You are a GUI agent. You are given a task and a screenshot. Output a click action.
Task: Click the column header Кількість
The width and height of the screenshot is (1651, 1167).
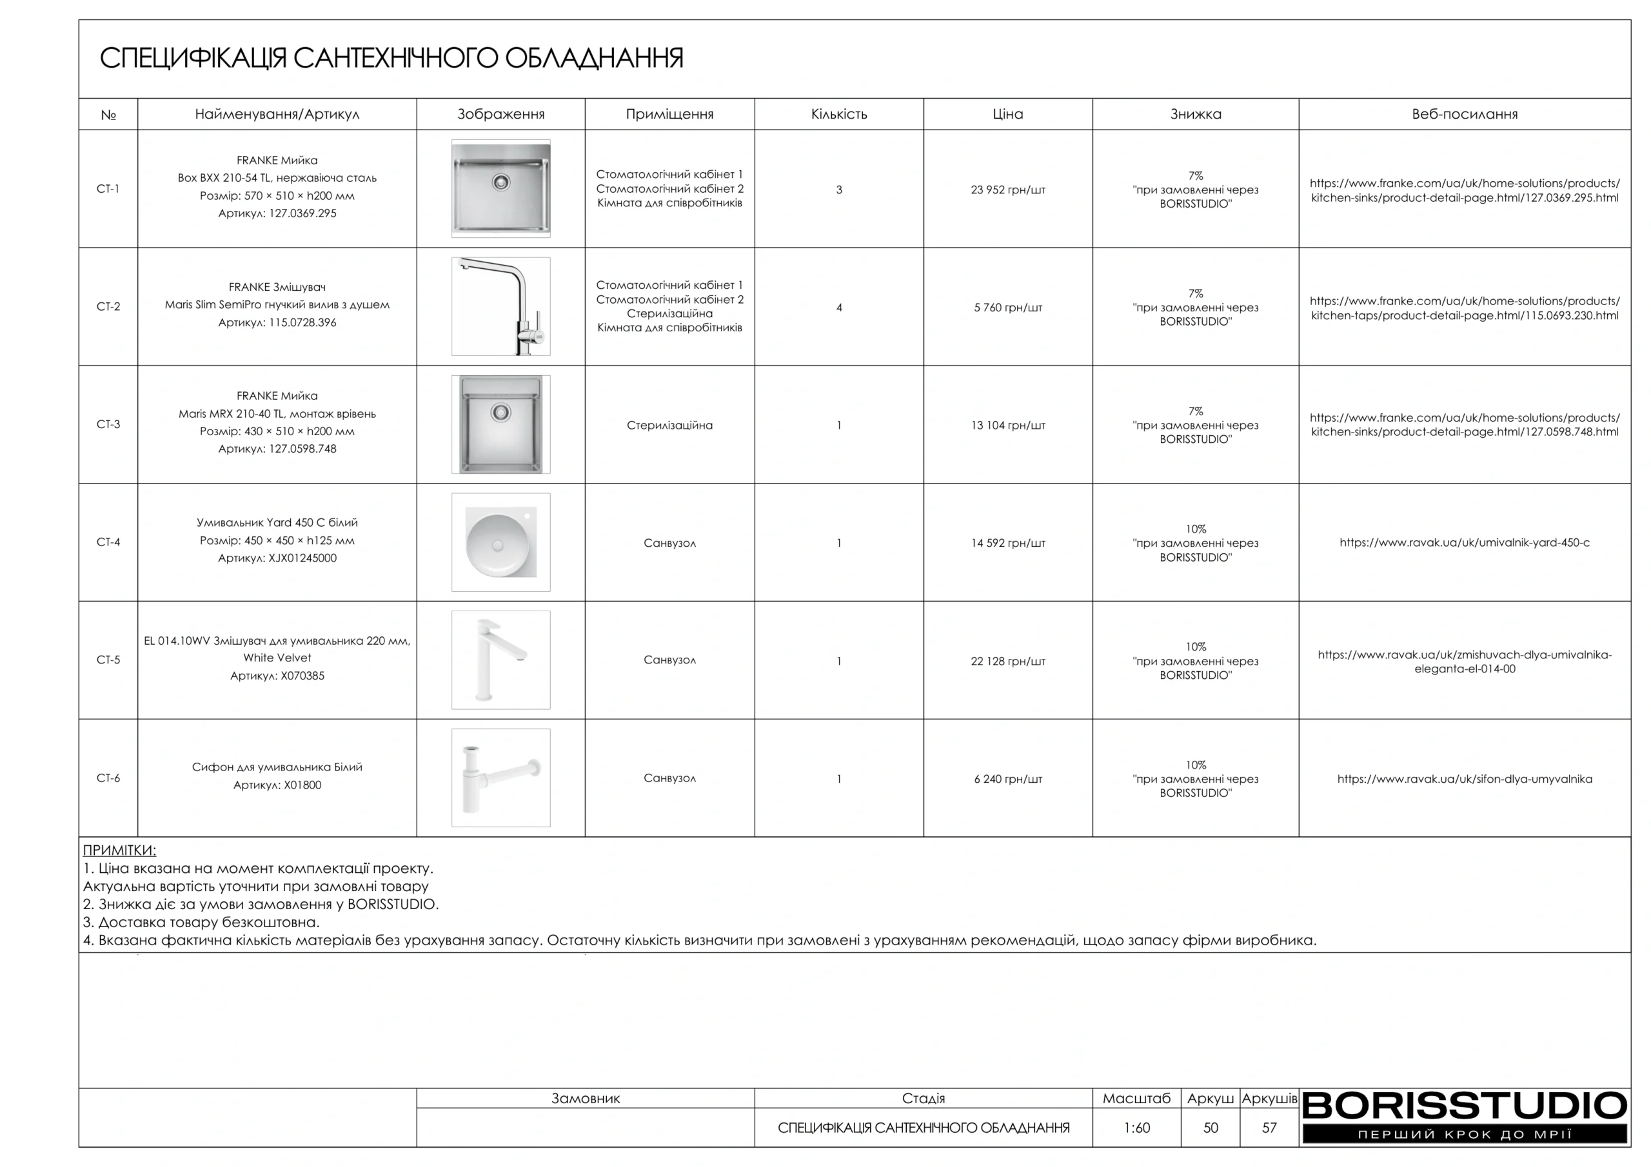[x=838, y=114]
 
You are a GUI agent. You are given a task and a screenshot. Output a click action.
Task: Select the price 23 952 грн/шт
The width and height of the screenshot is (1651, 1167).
[x=1007, y=190]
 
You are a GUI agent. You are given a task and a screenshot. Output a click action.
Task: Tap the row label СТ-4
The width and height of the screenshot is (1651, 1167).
[x=108, y=542]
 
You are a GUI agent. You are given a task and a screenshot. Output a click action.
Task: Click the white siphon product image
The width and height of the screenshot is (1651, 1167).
[x=500, y=778]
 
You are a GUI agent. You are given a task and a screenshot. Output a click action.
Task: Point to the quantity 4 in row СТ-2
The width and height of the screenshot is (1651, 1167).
[x=838, y=308]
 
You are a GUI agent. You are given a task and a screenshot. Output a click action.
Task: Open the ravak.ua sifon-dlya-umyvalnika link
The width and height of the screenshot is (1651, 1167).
[x=1464, y=779]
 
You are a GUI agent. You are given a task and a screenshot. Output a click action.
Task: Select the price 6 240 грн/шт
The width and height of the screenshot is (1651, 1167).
[x=1007, y=779]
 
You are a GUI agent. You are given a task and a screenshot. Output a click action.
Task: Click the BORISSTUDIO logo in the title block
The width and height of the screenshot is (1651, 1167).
[x=1464, y=1106]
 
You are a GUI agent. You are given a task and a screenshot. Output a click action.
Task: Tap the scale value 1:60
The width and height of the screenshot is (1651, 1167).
[x=1136, y=1128]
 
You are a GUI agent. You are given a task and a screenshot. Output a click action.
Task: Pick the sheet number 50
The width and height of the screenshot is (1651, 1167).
[x=1211, y=1128]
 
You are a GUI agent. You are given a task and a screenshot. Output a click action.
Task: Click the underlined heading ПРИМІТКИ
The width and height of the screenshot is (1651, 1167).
[x=119, y=850]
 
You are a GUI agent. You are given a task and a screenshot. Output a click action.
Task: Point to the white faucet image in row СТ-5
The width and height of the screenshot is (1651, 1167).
[x=500, y=660]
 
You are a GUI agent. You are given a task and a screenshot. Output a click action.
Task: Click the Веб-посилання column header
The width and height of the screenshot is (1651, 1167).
[x=1464, y=114]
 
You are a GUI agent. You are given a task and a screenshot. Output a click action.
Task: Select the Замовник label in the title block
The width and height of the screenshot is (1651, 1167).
[x=586, y=1098]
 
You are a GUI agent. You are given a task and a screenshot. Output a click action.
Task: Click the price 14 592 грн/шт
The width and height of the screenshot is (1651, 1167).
[x=1007, y=543]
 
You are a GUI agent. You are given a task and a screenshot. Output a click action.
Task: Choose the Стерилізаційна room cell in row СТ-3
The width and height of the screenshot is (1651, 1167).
[x=669, y=425]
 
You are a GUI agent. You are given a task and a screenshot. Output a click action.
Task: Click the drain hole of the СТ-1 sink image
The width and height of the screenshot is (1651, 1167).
[x=500, y=182]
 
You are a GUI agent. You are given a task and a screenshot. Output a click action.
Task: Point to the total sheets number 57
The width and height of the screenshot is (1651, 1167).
[x=1269, y=1128]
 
